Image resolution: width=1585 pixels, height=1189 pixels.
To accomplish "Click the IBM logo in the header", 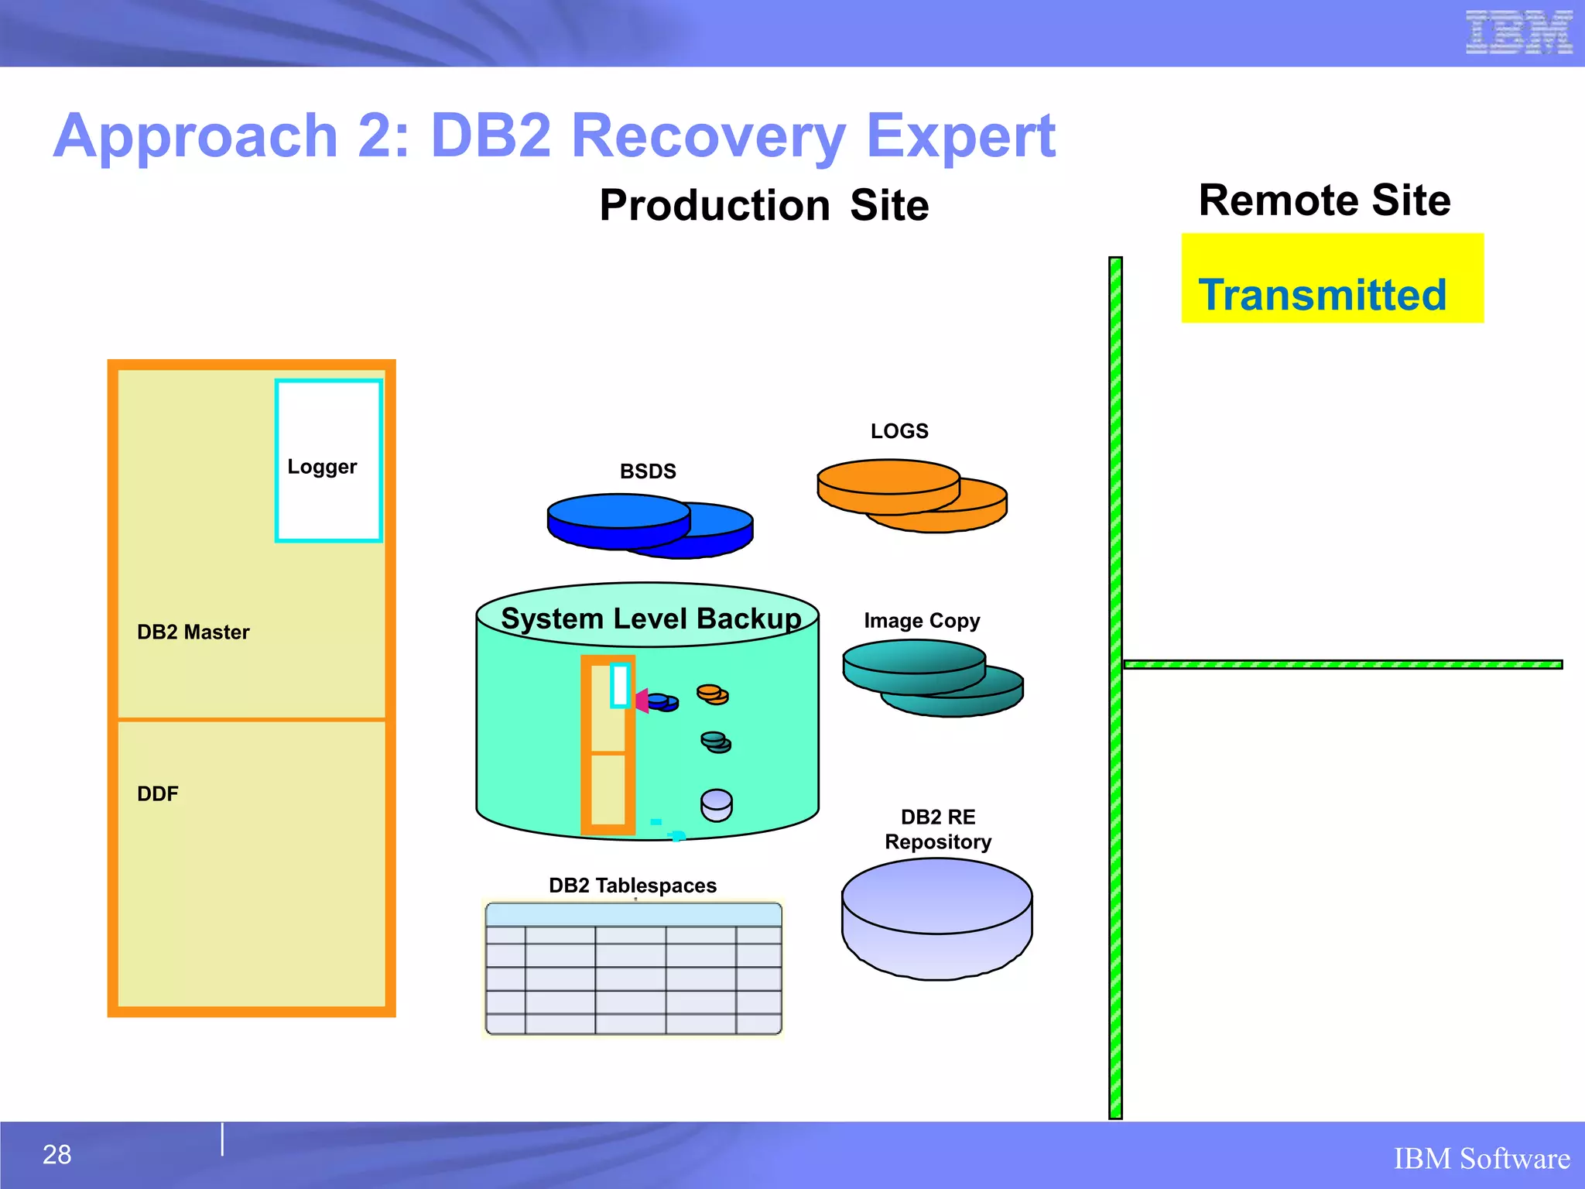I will [1518, 33].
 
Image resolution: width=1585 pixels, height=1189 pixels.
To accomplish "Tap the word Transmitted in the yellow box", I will [1322, 295].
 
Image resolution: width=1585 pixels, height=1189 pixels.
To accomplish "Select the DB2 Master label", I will [193, 632].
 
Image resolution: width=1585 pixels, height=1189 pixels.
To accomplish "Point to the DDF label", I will [157, 794].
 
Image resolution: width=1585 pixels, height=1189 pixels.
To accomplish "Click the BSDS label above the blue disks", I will [648, 471].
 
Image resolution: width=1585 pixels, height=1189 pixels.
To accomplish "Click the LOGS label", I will [899, 431].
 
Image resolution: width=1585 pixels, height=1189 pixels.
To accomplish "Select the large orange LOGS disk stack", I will [912, 495].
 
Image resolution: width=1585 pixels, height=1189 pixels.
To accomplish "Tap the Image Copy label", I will [921, 621].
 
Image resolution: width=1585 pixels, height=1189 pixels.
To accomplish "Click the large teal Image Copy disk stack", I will [932, 677].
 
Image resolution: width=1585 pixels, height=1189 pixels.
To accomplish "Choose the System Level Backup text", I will [650, 618].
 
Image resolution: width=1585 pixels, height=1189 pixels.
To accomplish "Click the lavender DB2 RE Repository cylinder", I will [936, 918].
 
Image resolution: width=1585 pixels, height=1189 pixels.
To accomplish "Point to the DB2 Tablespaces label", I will [632, 886].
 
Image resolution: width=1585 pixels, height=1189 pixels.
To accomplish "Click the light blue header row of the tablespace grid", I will [633, 915].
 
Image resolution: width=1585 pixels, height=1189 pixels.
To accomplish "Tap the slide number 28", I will [56, 1154].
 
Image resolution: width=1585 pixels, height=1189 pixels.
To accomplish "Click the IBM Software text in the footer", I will [1481, 1159].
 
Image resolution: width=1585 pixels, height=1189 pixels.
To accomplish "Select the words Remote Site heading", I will [1323, 200].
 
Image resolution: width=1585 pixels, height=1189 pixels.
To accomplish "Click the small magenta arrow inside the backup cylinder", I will [642, 701].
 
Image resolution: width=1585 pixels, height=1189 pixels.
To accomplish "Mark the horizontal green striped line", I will [1342, 664].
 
